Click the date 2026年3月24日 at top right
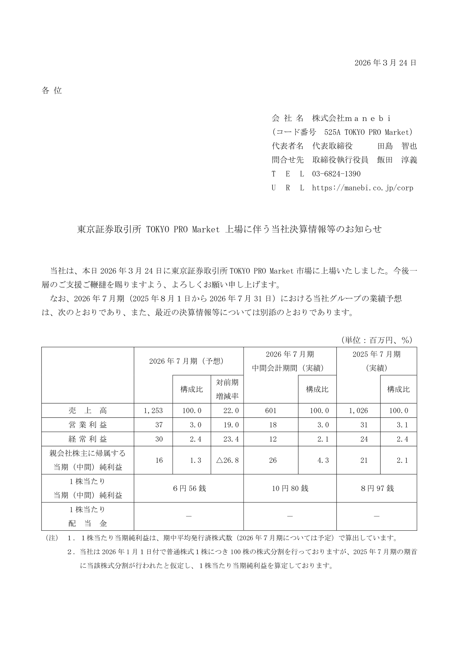(385, 63)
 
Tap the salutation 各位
(52, 91)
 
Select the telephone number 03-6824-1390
(336, 174)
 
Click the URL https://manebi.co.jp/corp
(362, 188)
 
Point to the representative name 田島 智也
(397, 146)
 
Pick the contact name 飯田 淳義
(397, 160)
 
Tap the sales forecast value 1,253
(153, 411)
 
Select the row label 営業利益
(87, 425)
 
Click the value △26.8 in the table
(227, 460)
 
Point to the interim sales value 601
(271, 411)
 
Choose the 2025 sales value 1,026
(358, 411)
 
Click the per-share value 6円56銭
(189, 488)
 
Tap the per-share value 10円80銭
(290, 488)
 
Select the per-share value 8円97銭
(377, 488)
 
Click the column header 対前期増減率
(227, 389)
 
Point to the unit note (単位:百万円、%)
(377, 340)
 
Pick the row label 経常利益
(87, 439)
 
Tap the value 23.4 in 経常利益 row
(231, 439)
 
